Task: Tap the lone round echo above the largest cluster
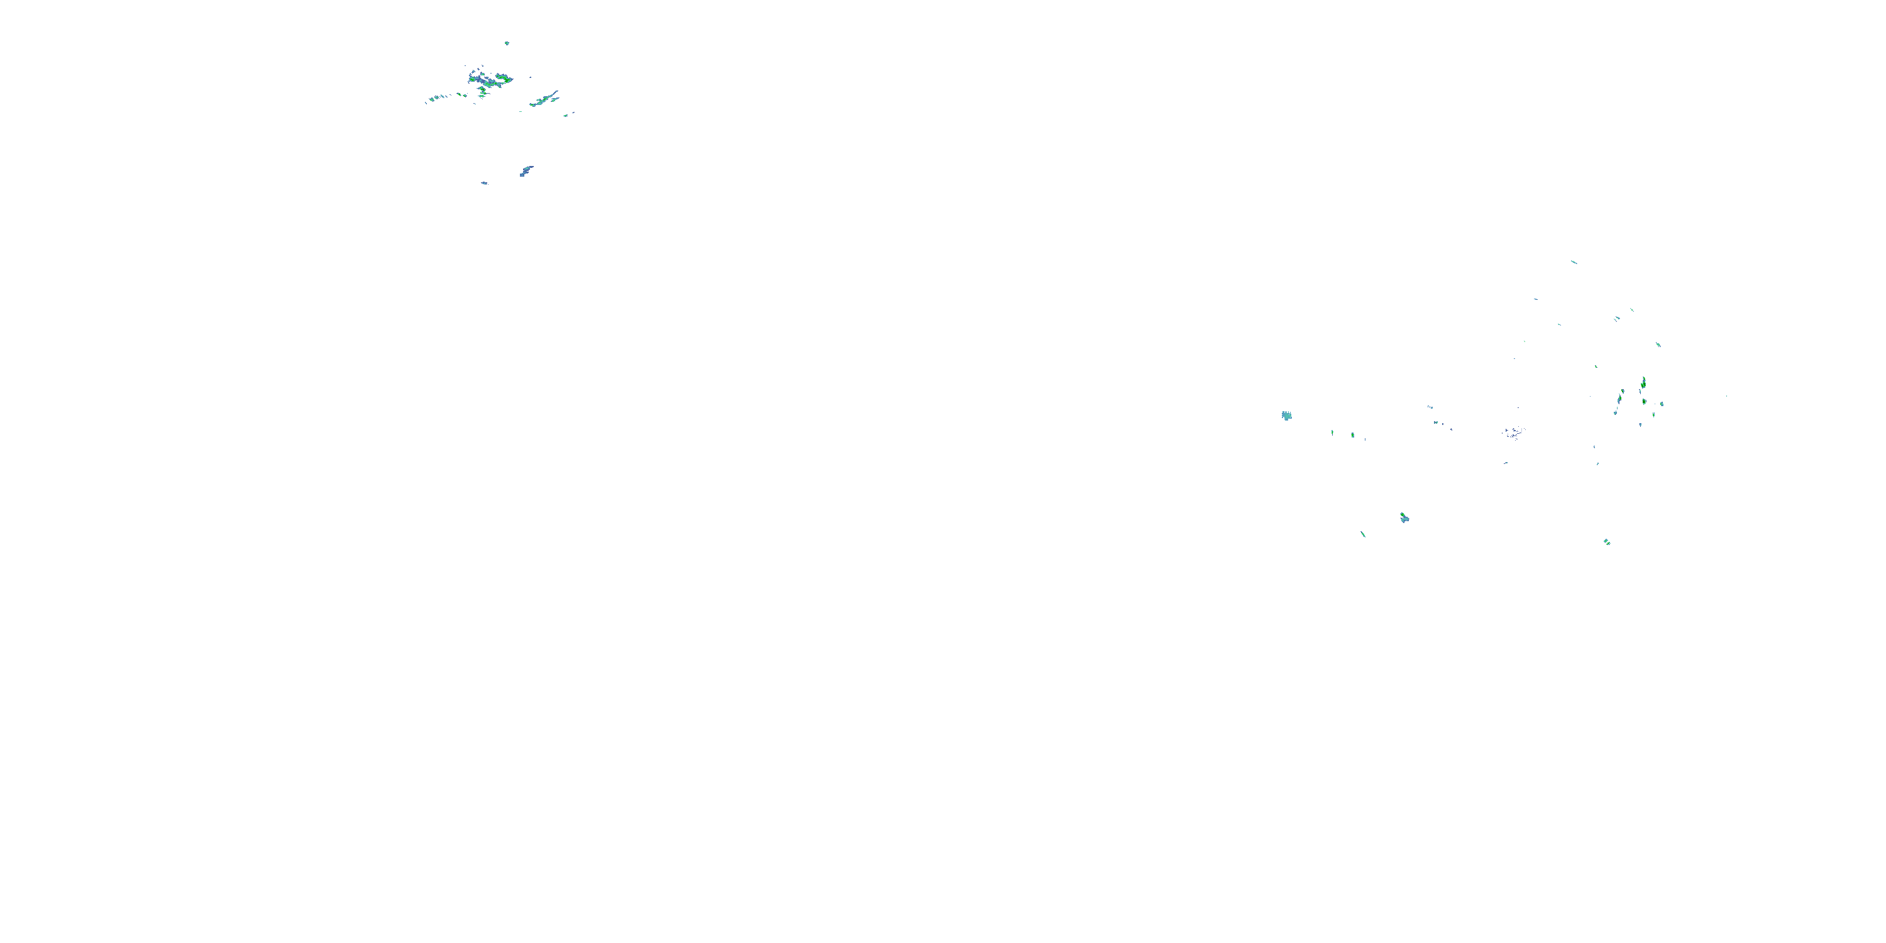[507, 43]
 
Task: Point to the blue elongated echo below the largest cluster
[526, 170]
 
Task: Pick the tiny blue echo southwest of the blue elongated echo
[484, 182]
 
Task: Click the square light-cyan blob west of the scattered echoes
[1286, 416]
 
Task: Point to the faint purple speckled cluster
[1513, 433]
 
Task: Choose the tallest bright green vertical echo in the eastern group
[1644, 383]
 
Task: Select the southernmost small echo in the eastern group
[1607, 542]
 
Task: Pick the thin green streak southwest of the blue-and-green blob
[1363, 534]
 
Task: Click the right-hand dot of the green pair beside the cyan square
[1352, 435]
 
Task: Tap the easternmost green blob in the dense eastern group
[1662, 404]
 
